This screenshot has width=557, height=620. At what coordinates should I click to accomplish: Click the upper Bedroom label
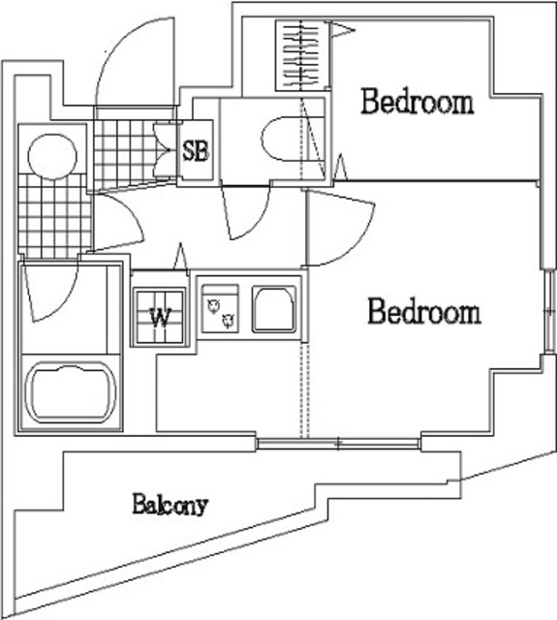point(418,102)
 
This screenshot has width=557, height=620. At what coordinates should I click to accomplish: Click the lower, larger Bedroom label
point(423,312)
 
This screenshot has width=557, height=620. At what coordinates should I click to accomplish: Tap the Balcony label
point(170,504)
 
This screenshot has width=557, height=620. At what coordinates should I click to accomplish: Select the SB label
point(195,151)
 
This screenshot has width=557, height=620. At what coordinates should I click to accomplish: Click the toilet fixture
point(284,139)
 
